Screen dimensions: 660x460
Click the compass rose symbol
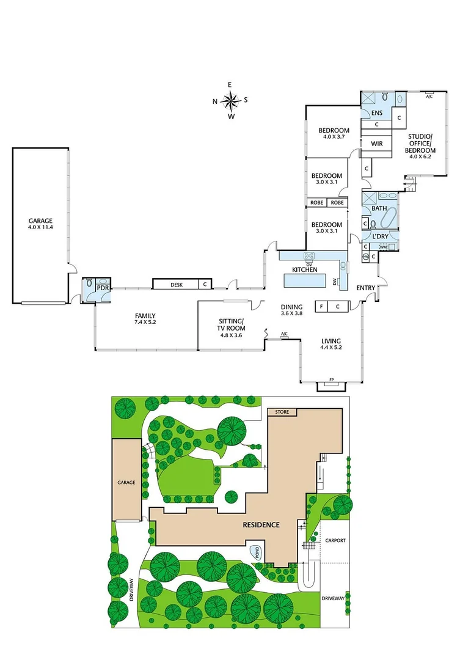pyautogui.click(x=230, y=100)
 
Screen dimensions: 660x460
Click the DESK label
pyautogui.click(x=177, y=284)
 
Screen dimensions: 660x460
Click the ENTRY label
pyautogui.click(x=366, y=288)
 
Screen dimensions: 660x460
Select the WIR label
pyautogui.click(x=377, y=145)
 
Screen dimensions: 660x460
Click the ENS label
pyautogui.click(x=377, y=113)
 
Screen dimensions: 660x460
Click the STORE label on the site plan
pyautogui.click(x=281, y=412)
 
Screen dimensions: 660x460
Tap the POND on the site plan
pyautogui.click(x=257, y=552)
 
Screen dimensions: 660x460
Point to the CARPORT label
pyautogui.click(x=335, y=540)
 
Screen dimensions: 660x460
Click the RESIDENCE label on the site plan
pyautogui.click(x=258, y=524)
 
